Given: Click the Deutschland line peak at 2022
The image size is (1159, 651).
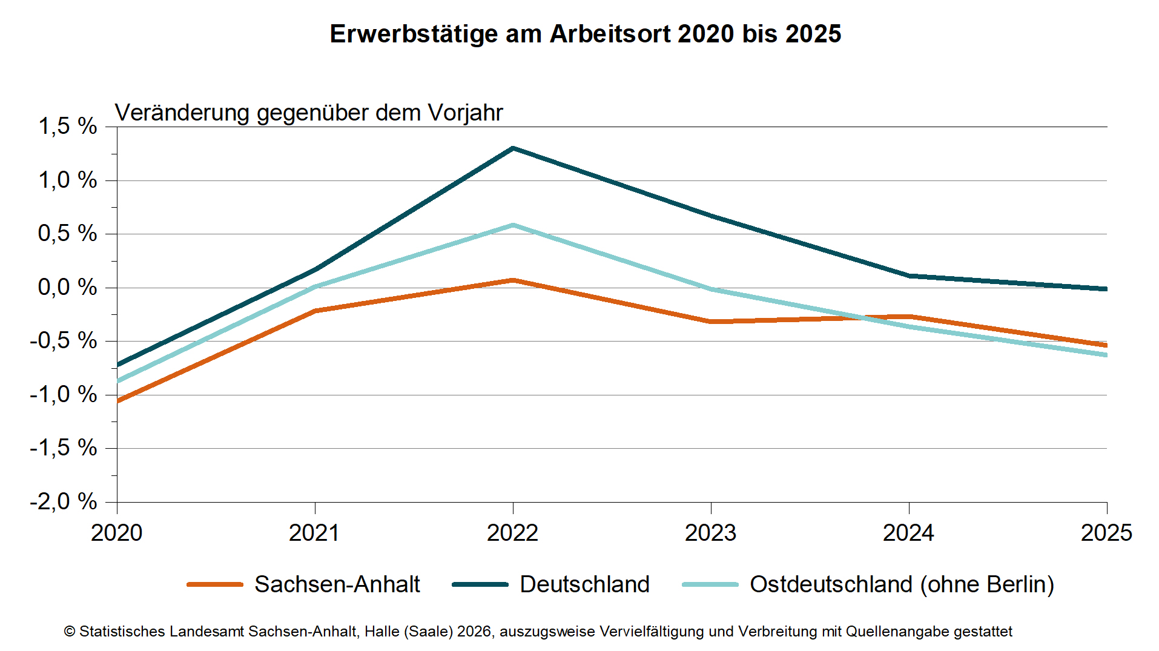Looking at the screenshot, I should tap(513, 148).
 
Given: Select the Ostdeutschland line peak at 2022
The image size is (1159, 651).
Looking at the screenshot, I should tap(513, 225).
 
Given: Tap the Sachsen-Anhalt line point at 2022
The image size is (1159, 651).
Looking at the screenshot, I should tap(513, 280).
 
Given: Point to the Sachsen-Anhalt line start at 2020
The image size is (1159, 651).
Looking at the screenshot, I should tap(118, 400).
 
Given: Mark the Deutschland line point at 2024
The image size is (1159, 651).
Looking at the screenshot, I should tap(909, 276).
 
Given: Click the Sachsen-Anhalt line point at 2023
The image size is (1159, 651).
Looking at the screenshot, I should tap(711, 322).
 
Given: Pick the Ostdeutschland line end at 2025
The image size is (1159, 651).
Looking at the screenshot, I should tap(1106, 355).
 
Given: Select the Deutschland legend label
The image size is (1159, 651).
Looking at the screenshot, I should tap(584, 584).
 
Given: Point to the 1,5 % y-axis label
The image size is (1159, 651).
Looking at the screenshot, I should tap(67, 127).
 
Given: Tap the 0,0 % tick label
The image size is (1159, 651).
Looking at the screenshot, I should tap(67, 287).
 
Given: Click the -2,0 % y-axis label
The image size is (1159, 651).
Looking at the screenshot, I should tap(63, 501).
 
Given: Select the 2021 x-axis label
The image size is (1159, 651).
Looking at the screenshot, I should tap(314, 533).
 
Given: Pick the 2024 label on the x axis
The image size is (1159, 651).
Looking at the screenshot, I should tap(908, 533).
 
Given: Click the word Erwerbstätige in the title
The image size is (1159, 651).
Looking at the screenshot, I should tap(414, 34).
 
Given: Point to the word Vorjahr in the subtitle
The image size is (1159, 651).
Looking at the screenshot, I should tap(465, 113).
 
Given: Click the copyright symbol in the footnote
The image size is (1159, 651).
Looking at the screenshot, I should tap(70, 632).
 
